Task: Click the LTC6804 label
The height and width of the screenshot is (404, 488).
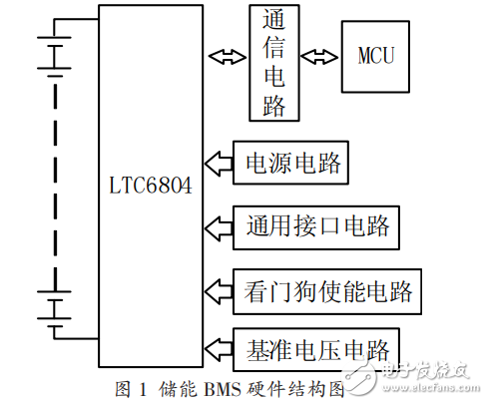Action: (149, 186)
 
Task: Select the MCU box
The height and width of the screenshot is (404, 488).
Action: (376, 54)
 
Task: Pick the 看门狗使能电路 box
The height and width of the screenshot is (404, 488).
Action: (325, 291)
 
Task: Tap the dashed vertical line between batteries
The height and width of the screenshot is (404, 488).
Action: (52, 180)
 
